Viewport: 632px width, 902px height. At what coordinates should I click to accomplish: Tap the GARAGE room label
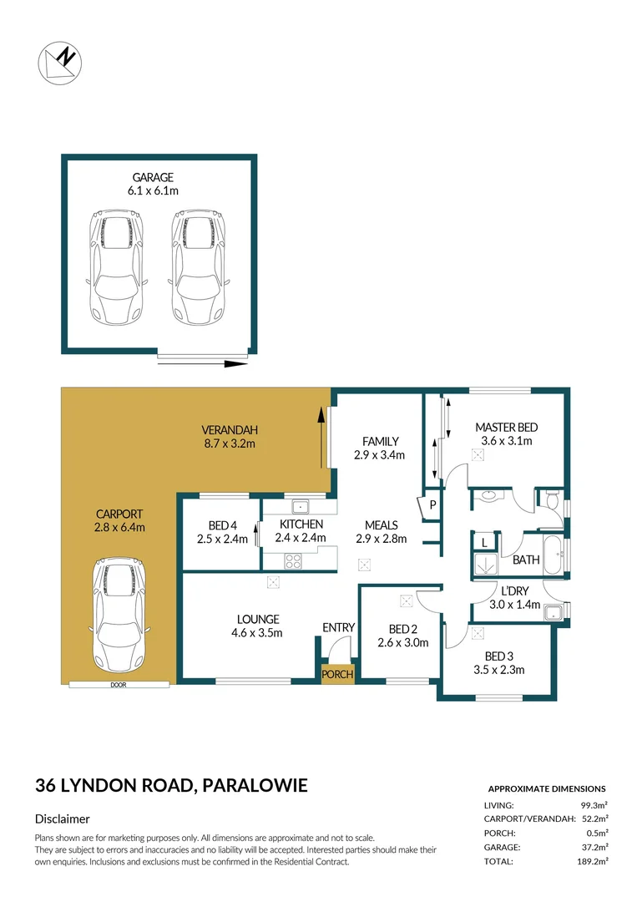coord(152,177)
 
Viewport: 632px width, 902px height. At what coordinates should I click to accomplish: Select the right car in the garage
coord(198,267)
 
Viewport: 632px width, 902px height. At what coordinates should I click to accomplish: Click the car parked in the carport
coord(119,611)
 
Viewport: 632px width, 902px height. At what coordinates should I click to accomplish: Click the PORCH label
coord(338,674)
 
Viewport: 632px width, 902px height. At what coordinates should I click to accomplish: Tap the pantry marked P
coord(432,505)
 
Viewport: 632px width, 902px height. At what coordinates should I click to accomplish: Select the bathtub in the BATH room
coord(554,556)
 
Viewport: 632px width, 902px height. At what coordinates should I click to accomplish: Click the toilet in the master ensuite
coord(552,499)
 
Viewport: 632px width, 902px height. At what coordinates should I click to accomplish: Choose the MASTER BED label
coord(506,428)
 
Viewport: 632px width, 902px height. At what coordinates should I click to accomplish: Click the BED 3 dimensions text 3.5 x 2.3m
coord(498,669)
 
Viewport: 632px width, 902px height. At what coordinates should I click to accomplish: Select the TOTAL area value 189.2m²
coord(589,861)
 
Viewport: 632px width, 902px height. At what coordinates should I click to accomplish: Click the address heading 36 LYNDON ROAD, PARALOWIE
coord(171,785)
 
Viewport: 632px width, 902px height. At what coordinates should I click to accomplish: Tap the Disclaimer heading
coord(63,819)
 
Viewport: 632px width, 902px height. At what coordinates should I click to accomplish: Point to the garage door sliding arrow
coord(204,364)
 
